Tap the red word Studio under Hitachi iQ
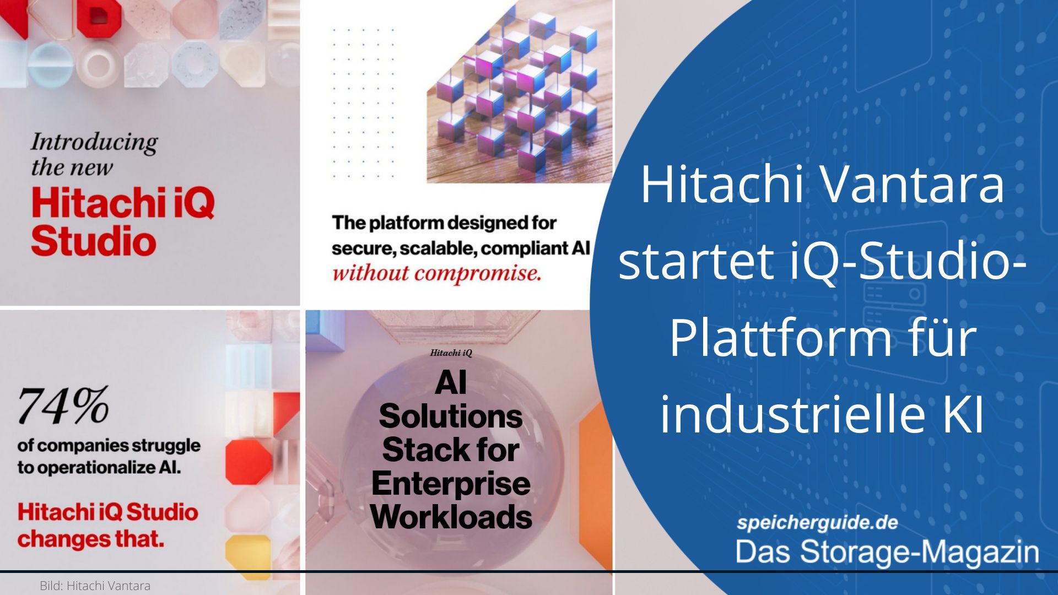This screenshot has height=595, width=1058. pyautogui.click(x=94, y=241)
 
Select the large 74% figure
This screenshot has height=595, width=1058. pyautogui.click(x=63, y=405)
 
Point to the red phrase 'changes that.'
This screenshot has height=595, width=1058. pyautogui.click(x=91, y=539)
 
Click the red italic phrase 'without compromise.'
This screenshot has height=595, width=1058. pyautogui.click(x=436, y=273)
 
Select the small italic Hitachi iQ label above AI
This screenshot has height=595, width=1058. pyautogui.click(x=451, y=353)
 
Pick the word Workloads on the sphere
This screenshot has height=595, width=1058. pyautogui.click(x=451, y=517)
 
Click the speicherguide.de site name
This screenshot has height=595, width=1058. pyautogui.click(x=817, y=522)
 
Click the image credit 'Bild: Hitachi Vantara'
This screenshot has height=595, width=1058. pyautogui.click(x=95, y=586)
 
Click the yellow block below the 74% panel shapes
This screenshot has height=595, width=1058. pyautogui.click(x=248, y=551)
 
